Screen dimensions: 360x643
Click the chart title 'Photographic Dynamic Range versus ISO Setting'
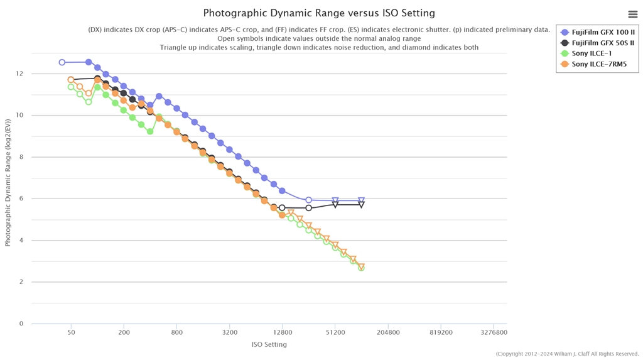[319, 13]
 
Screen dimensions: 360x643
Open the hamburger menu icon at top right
[632, 14]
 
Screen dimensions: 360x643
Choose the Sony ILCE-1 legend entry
[592, 53]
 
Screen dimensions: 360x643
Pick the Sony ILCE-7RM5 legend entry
[599, 64]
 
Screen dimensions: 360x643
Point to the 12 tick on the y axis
[20, 74]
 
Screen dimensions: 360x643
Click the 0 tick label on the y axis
[21, 324]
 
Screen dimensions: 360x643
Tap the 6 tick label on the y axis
[21, 199]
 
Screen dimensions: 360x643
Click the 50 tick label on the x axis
[71, 333]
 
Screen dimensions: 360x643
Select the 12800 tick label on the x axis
[283, 333]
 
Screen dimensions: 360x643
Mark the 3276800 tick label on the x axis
[494, 333]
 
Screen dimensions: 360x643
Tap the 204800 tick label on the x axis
[388, 333]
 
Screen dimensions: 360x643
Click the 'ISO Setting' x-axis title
[269, 344]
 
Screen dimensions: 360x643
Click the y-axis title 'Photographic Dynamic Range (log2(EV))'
[8, 182]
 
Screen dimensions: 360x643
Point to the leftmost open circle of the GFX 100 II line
[62, 63]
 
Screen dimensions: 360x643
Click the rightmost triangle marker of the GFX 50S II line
[362, 205]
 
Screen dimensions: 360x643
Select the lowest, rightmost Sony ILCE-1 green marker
[362, 268]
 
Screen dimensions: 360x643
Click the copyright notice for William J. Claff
[567, 354]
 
